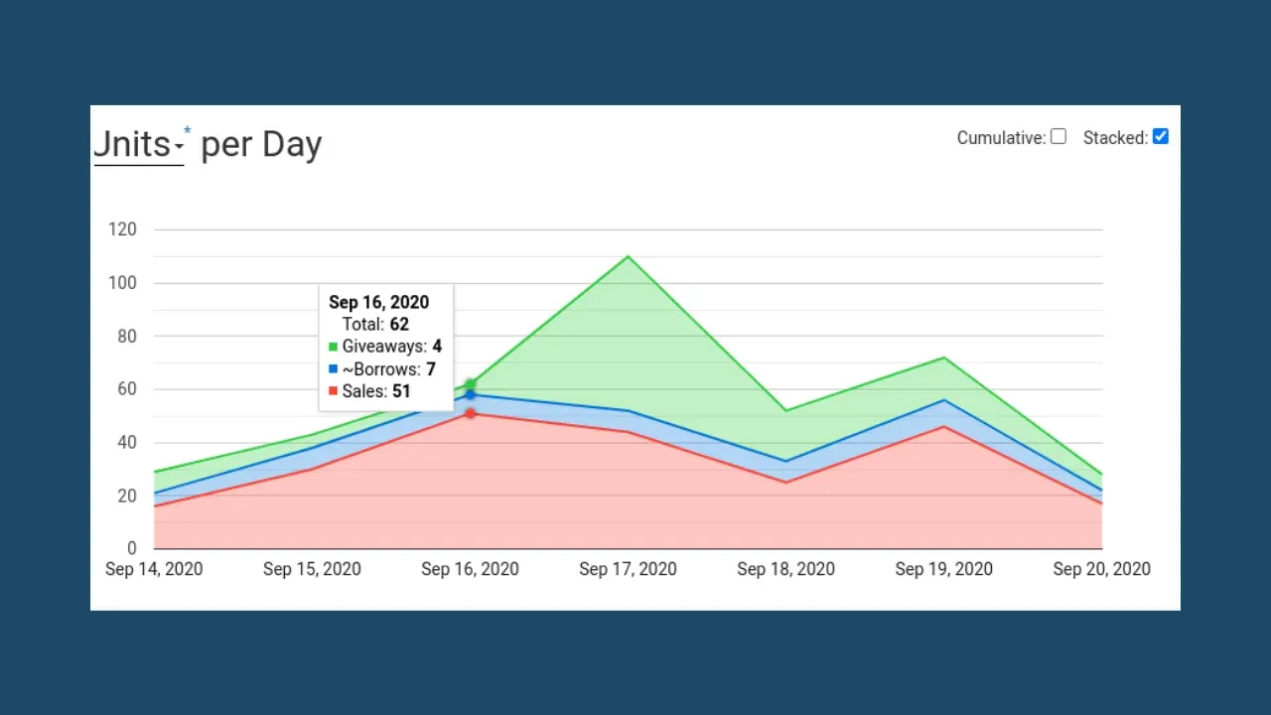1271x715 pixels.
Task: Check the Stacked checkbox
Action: (1160, 137)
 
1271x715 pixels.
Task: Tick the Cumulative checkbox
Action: (1059, 137)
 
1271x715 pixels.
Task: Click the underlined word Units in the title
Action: (133, 145)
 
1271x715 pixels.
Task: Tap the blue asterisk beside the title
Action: (187, 132)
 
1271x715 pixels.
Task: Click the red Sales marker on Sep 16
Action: (470, 413)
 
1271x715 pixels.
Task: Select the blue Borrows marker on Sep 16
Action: (470, 395)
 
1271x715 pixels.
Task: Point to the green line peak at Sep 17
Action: (628, 257)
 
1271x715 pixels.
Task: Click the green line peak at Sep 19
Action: (943, 357)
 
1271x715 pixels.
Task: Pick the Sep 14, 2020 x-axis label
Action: (154, 569)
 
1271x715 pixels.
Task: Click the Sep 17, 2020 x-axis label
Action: (628, 569)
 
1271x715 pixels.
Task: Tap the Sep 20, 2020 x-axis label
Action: (1101, 569)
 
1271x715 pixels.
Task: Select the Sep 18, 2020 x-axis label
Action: (785, 569)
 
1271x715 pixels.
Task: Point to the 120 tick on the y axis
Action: (122, 229)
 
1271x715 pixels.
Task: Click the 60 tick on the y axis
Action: (126, 389)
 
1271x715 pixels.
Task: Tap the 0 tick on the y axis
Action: (131, 548)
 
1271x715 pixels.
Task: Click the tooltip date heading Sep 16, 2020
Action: (378, 303)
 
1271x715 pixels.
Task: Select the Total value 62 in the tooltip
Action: (399, 324)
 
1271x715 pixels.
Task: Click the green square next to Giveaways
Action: (334, 347)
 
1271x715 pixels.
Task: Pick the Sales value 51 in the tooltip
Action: (401, 391)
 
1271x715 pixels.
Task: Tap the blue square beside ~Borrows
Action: (334, 369)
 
